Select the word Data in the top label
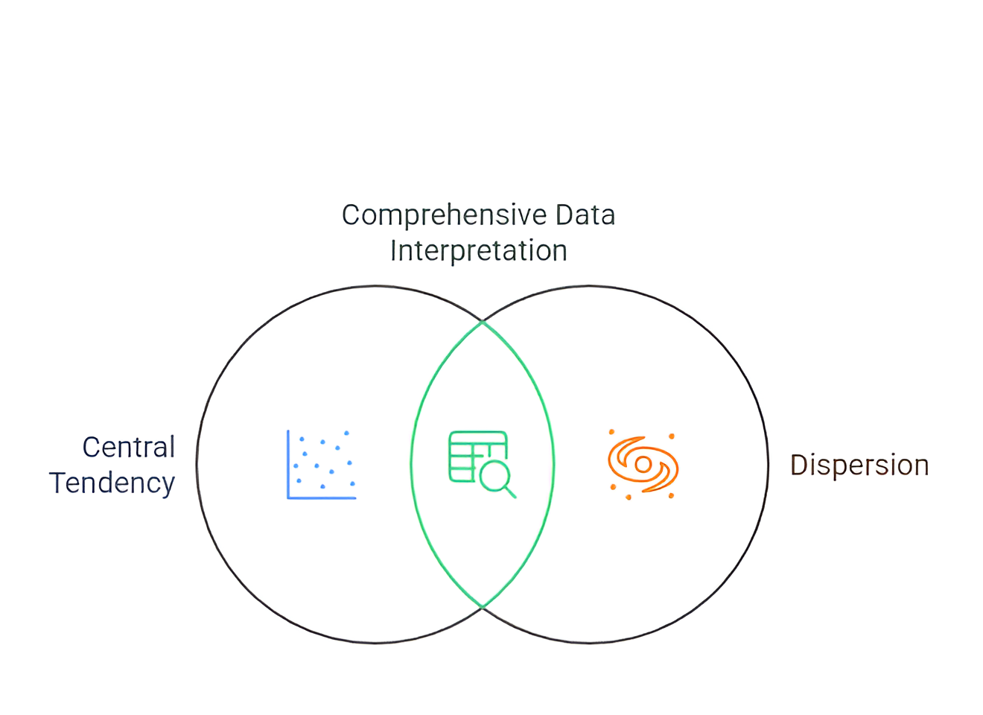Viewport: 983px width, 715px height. coord(585,215)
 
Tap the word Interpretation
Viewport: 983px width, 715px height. coord(478,251)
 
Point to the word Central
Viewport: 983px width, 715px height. coord(128,448)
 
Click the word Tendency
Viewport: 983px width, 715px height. coord(112,483)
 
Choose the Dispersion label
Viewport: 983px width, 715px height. coord(859,465)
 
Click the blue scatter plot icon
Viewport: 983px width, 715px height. coord(322,464)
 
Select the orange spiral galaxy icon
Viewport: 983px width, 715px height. coord(643,465)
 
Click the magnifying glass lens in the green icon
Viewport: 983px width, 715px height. coord(494,475)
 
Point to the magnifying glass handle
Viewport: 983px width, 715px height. coord(510,492)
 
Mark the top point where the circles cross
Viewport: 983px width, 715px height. coord(483,322)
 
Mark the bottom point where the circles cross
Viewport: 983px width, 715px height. coord(483,607)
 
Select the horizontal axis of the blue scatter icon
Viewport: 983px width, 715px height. coord(322,498)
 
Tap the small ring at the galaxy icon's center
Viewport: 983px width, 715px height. coord(643,465)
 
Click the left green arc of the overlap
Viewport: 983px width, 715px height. coord(412,464)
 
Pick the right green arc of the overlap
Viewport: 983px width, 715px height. coord(553,464)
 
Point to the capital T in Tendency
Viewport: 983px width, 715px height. coord(57,483)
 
